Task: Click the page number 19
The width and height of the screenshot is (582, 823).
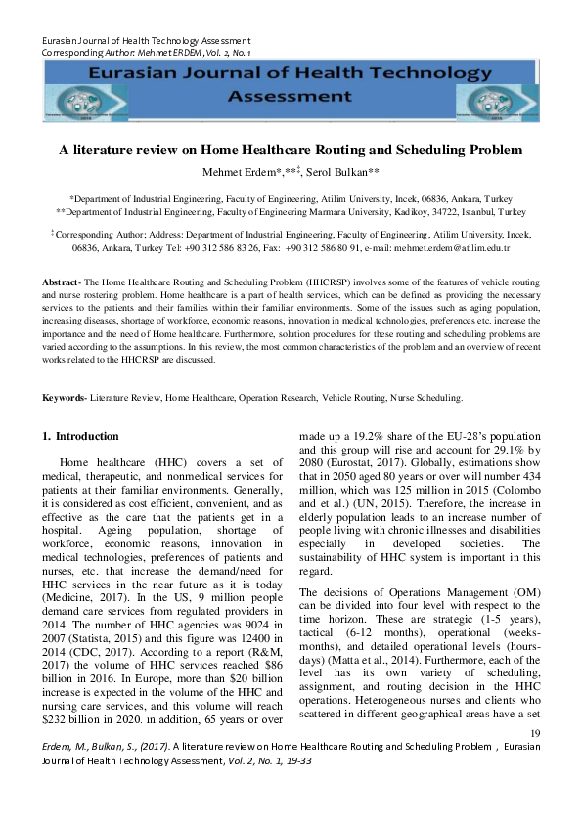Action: click(x=534, y=760)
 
